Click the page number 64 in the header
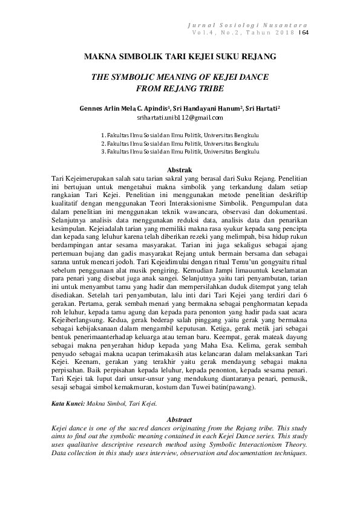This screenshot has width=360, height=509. click(x=306, y=33)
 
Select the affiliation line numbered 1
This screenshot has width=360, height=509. click(x=180, y=135)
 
